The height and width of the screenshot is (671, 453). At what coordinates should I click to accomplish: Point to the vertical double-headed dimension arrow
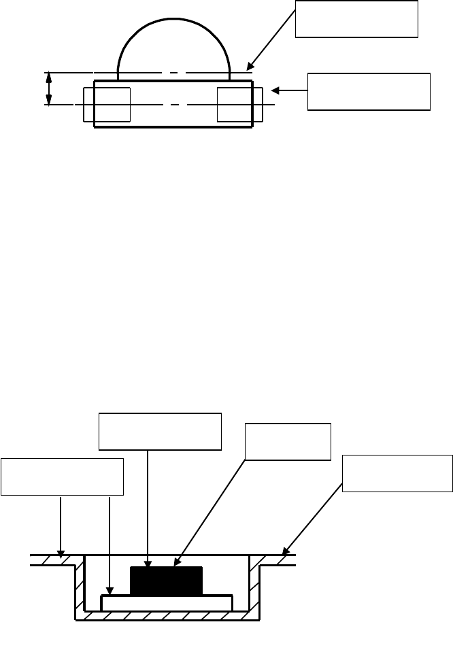tap(48, 88)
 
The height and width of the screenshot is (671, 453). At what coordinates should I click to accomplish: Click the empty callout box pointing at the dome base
tap(356, 19)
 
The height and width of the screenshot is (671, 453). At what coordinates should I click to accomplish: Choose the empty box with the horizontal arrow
tap(369, 91)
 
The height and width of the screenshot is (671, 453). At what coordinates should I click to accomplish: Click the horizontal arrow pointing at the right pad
tap(289, 90)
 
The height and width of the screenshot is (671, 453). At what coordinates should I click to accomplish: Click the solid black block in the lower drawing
tap(166, 523)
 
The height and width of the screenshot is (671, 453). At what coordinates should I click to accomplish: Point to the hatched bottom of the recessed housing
tap(167, 615)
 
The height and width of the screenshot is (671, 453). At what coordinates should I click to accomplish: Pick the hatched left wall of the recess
tap(79, 585)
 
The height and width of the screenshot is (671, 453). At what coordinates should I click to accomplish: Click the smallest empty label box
tap(288, 442)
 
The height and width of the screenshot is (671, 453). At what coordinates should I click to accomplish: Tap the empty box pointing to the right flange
tap(397, 472)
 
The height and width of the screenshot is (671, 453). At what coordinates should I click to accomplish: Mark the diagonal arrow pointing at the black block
tap(211, 483)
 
